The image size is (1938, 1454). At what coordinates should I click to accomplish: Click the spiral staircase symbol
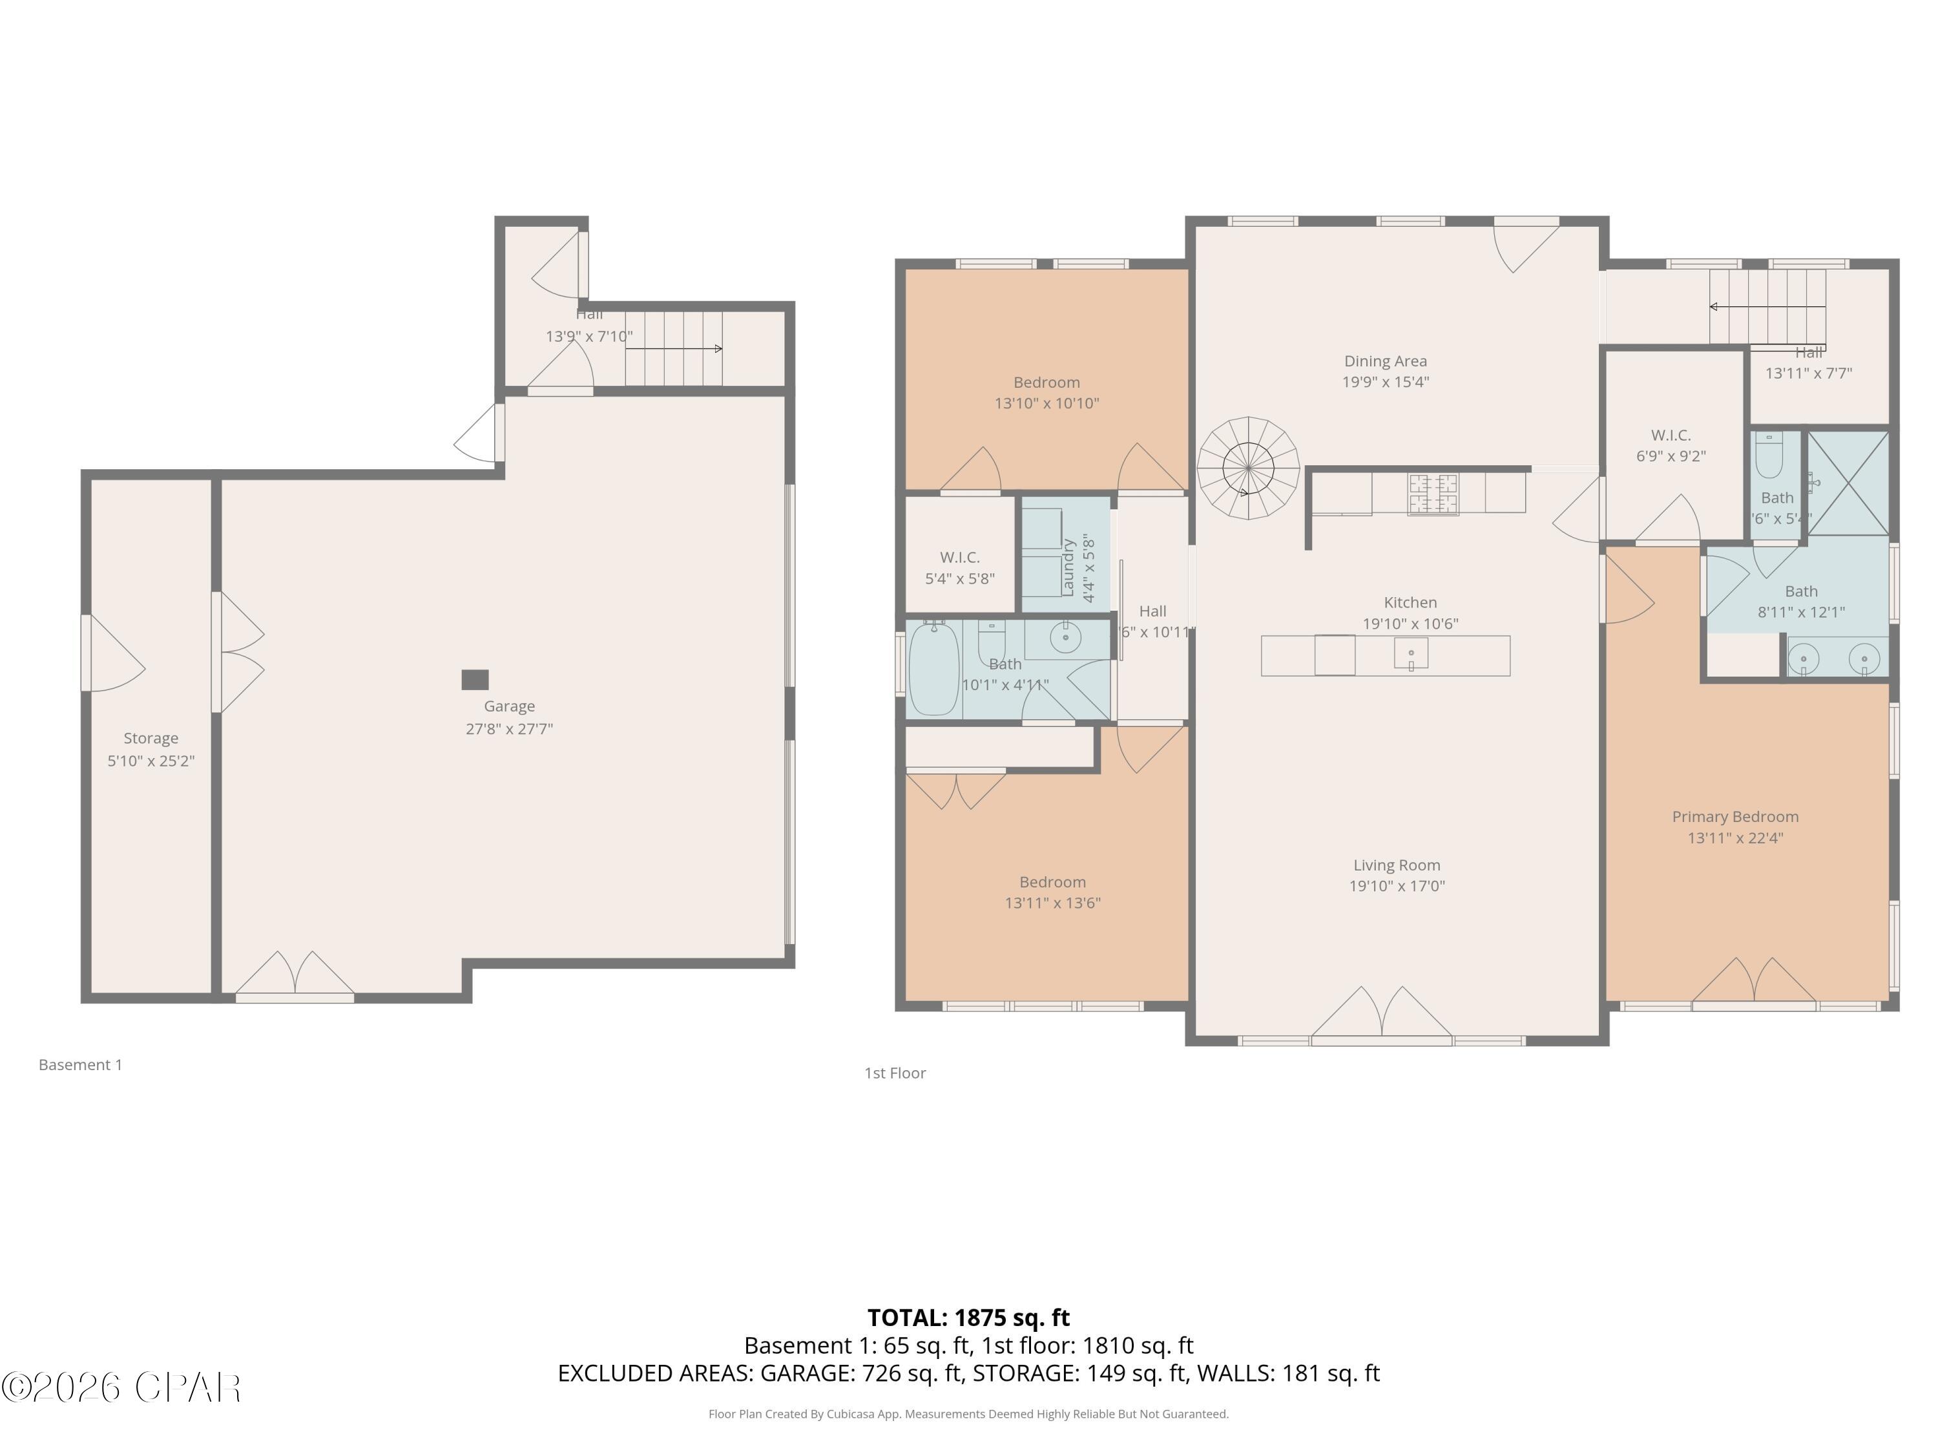(x=1247, y=468)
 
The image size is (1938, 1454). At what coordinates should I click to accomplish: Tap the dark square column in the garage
(x=475, y=679)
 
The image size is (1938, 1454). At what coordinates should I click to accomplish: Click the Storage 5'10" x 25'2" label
(x=151, y=750)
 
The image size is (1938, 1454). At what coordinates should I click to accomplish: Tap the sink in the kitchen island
(x=1411, y=655)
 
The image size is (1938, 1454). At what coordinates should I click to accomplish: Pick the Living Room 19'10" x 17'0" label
(x=1397, y=876)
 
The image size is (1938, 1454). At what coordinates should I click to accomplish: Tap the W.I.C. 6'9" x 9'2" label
(x=1671, y=445)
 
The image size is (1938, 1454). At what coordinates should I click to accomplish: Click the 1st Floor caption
(x=895, y=1073)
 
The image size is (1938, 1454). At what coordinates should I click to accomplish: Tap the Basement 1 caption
(x=81, y=1065)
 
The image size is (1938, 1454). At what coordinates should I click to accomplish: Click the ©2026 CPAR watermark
(x=121, y=1387)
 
